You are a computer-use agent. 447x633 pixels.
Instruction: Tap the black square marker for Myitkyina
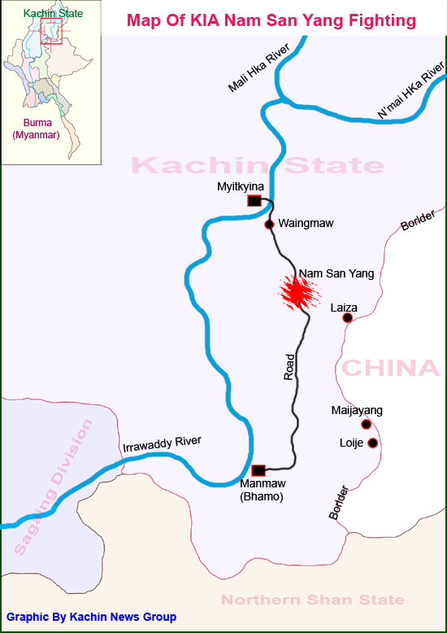coord(254,201)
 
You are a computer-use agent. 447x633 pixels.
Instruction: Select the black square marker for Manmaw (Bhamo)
coord(258,469)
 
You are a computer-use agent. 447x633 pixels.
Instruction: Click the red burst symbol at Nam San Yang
coord(296,292)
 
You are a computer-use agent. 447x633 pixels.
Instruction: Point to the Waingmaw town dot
coord(269,224)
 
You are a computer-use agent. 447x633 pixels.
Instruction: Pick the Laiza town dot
coord(347,318)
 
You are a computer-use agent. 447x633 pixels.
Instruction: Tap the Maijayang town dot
coord(366,424)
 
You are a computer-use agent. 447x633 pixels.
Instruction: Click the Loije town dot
coord(372,443)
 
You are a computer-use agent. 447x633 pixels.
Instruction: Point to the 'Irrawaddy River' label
coord(161,445)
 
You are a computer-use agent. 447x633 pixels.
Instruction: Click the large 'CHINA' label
coord(390,368)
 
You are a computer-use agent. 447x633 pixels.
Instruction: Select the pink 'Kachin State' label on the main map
coord(258,166)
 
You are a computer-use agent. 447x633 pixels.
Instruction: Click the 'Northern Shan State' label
coord(312,600)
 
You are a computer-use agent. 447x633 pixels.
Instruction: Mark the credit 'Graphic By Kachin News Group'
coord(91,618)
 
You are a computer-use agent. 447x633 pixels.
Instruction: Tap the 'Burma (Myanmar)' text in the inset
coord(36,129)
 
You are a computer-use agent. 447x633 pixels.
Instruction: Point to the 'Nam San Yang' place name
coord(336,273)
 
